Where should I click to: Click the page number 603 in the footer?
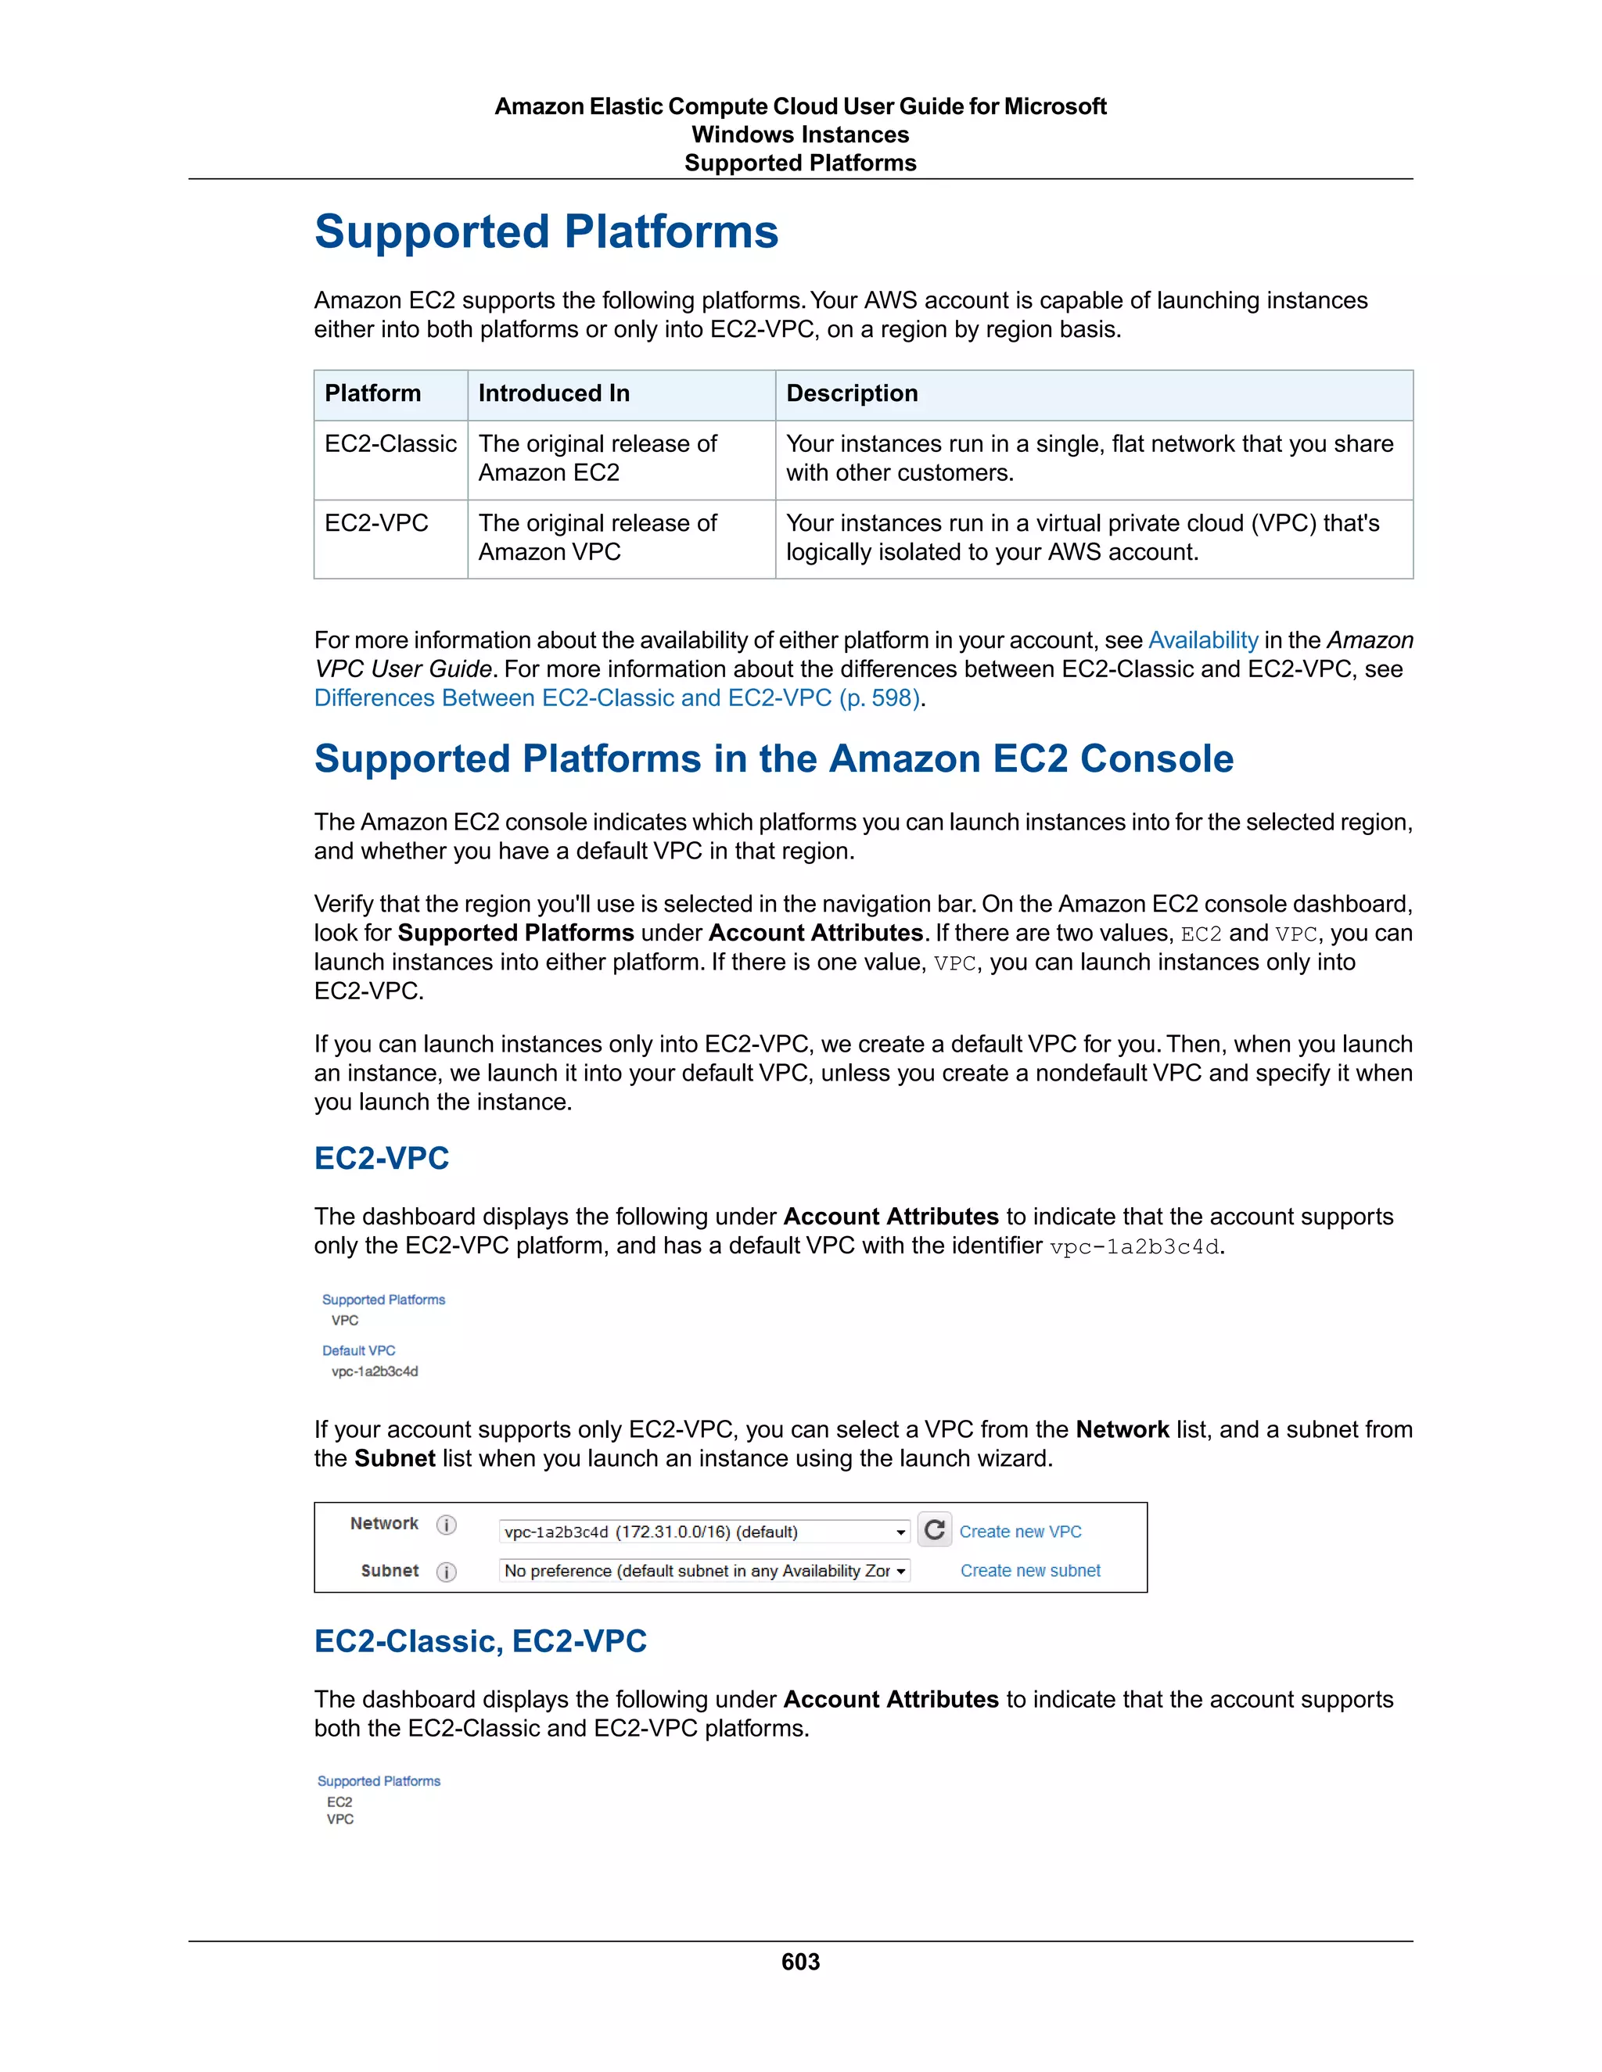[800, 1962]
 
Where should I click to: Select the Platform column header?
[372, 394]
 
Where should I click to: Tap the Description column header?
[851, 394]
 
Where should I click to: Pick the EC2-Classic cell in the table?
[390, 444]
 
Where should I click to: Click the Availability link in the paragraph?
[1202, 640]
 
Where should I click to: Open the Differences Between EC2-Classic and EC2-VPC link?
[617, 698]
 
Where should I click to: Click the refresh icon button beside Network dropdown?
[934, 1529]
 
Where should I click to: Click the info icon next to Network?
[446, 1525]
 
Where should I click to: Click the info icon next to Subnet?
[446, 1572]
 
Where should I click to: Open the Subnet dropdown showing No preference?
[703, 1570]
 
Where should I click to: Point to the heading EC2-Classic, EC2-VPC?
[480, 1641]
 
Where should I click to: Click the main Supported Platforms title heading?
[546, 232]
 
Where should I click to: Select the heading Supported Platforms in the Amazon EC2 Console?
[774, 759]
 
